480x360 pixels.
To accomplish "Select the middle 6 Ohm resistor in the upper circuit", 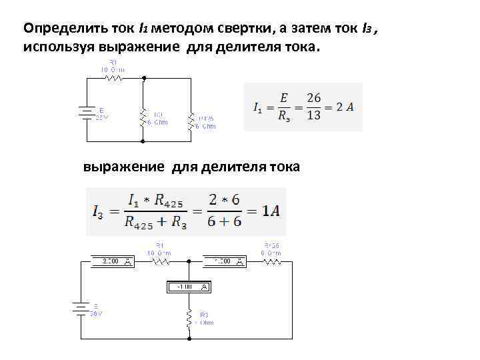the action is click(143, 117).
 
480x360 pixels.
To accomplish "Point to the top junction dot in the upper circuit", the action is click(143, 77).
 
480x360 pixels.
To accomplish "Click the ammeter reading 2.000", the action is click(114, 261).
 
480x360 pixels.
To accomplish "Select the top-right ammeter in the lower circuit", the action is click(224, 261).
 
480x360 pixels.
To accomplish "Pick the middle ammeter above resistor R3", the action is click(189, 287).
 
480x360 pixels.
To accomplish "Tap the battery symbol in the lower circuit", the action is click(81, 309).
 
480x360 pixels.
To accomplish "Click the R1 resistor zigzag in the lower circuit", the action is click(160, 261).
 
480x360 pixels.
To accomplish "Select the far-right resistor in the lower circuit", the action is click(271, 261).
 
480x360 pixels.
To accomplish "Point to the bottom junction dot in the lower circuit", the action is click(189, 339).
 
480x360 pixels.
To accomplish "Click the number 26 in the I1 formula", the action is click(314, 98).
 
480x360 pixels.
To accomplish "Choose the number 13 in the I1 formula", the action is click(314, 115).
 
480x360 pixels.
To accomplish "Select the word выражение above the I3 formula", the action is click(123, 167).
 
